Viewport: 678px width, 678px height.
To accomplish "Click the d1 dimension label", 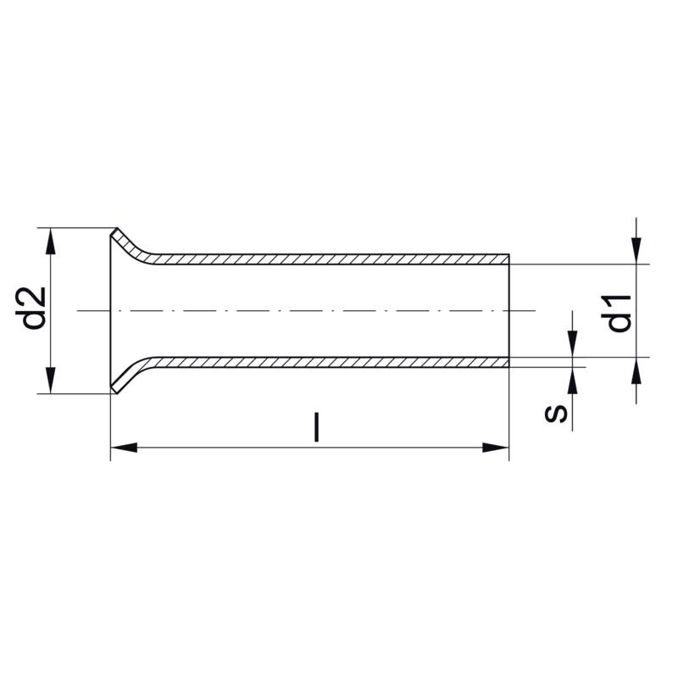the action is pos(616,313).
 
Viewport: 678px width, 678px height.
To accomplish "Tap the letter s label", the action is pos(556,414).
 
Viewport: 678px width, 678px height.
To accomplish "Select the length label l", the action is pos(317,427).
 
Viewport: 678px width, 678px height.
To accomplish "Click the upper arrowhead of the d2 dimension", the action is pos(51,242).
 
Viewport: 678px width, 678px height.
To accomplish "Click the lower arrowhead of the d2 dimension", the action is pos(51,380).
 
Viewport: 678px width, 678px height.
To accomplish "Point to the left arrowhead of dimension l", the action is pos(124,447).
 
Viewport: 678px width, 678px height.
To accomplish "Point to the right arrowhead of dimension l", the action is pos(496,447).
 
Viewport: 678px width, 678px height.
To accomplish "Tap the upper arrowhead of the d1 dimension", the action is pos(636,251).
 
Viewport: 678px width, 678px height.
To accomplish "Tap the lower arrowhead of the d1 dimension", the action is pos(636,370).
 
